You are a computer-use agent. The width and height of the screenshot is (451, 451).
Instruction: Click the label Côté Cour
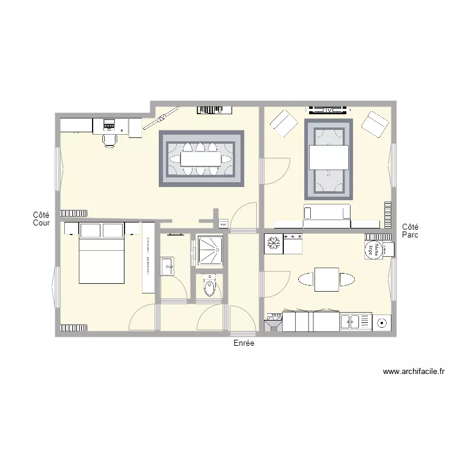tap(41, 219)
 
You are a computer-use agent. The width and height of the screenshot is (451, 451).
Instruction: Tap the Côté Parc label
tap(410, 231)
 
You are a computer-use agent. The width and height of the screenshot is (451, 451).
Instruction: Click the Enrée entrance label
tap(244, 343)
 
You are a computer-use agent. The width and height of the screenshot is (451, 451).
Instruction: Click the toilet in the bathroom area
tap(209, 286)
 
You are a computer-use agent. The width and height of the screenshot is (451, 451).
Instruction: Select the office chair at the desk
tap(109, 140)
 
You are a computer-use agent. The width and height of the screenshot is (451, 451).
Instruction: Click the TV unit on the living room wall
tap(328, 110)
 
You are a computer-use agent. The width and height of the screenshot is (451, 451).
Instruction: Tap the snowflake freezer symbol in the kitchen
tap(273, 244)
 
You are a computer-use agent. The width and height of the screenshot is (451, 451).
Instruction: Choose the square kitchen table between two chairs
tap(327, 279)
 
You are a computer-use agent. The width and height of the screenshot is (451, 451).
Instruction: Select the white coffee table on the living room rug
tap(328, 158)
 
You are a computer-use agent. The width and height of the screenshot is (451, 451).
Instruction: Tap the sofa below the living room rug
tap(327, 213)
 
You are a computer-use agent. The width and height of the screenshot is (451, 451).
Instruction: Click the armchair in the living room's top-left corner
tap(283, 124)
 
